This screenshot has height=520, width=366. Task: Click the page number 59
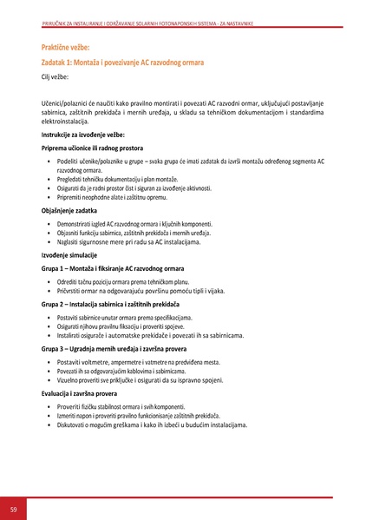[14, 508]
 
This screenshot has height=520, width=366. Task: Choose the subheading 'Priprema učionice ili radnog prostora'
[94, 149]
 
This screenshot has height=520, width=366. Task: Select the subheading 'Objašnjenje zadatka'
[71, 211]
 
